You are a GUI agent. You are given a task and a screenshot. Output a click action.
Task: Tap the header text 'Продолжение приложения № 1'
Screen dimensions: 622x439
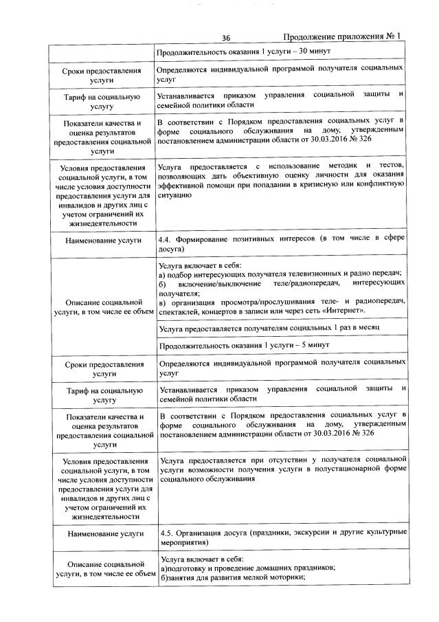[x=341, y=36]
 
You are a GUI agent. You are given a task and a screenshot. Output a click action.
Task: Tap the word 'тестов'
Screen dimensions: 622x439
[x=390, y=166]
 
